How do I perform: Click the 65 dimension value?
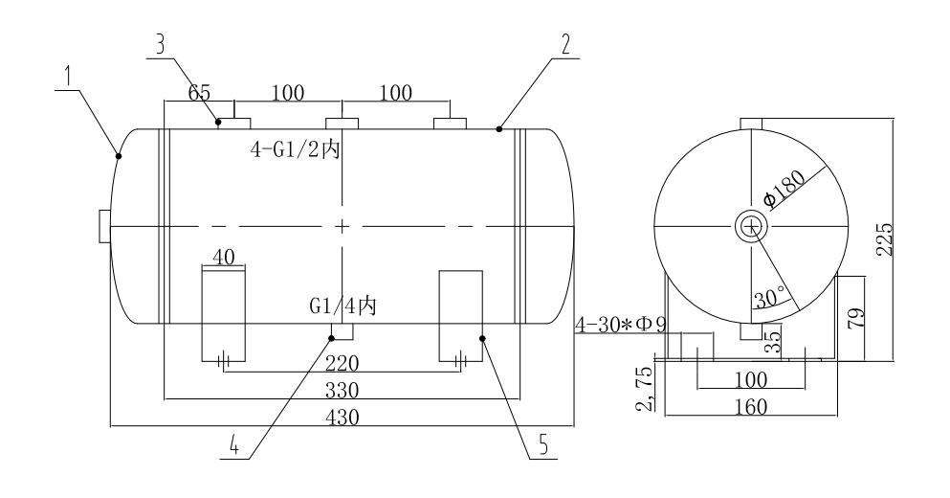(197, 94)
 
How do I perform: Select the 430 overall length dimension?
(342, 418)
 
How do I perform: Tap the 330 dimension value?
(342, 391)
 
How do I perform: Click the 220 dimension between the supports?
(342, 364)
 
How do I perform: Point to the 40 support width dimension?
(222, 259)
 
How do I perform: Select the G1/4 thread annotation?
(342, 307)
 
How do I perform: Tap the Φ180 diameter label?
(784, 192)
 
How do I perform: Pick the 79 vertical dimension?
(857, 318)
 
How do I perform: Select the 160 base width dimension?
(751, 407)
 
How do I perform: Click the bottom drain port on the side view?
(752, 331)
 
